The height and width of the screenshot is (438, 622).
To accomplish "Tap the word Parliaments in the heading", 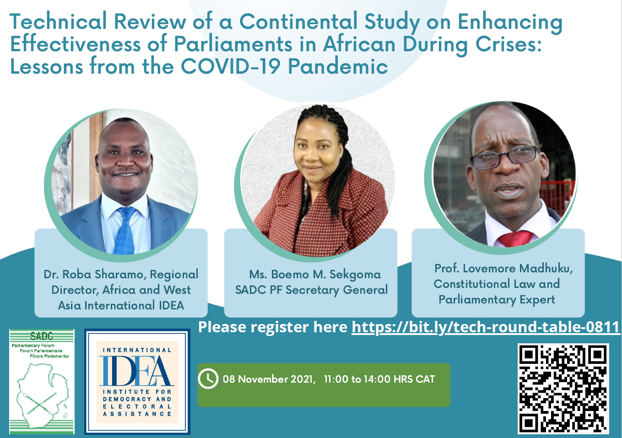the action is click(233, 44).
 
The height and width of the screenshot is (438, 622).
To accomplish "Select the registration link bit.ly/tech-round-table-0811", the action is click(486, 327).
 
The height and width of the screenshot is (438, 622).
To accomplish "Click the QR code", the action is click(563, 389).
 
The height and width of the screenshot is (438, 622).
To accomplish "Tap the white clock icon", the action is click(208, 379).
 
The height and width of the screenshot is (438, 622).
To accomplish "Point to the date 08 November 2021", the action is click(269, 379).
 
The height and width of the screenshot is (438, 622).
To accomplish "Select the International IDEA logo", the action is click(137, 382).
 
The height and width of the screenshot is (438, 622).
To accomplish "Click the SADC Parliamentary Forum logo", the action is click(42, 382).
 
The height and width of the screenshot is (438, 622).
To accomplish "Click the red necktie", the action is click(515, 238).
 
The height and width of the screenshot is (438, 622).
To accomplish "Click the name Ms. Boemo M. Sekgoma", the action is click(315, 275).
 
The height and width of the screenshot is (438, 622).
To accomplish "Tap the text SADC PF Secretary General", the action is click(311, 290).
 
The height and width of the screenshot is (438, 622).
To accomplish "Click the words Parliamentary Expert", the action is click(497, 300).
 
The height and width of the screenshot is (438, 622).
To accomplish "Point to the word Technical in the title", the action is click(58, 22).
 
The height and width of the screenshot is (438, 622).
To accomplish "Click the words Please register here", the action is click(273, 327).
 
